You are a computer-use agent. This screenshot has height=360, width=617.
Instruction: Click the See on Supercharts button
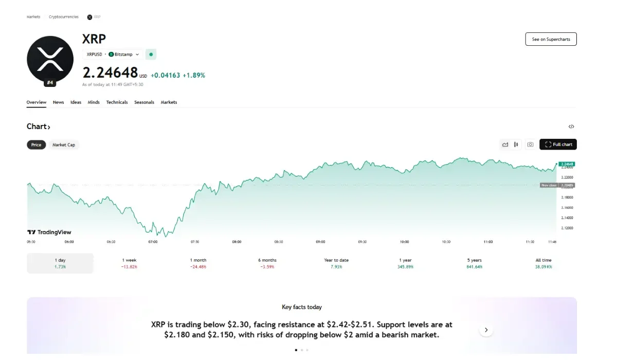click(551, 39)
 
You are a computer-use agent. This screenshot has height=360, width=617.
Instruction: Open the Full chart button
click(558, 145)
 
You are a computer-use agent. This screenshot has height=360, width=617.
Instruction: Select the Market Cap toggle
click(64, 145)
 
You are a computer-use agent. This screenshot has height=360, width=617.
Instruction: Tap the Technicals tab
click(117, 102)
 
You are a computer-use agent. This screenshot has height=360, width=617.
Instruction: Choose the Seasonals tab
click(144, 102)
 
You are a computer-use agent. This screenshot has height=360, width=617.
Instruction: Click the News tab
click(59, 102)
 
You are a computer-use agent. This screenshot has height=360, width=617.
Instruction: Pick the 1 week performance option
click(130, 263)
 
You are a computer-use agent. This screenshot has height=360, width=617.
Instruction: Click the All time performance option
click(543, 263)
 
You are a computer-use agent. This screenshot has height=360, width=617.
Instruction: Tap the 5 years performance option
click(475, 263)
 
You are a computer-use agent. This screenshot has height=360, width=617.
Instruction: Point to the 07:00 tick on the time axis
click(153, 241)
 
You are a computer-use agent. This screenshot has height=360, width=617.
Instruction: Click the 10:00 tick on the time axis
click(404, 241)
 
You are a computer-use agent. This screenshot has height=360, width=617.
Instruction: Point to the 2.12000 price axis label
click(567, 228)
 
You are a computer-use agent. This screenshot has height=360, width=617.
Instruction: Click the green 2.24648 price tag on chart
click(567, 164)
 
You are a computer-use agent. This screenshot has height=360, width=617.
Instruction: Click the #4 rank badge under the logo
click(50, 82)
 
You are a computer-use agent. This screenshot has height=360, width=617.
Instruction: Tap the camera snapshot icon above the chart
click(530, 145)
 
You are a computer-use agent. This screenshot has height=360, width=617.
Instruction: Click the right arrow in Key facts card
click(486, 330)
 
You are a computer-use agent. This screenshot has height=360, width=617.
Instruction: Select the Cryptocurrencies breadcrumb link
click(64, 17)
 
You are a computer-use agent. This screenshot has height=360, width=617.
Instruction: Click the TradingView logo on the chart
click(49, 232)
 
